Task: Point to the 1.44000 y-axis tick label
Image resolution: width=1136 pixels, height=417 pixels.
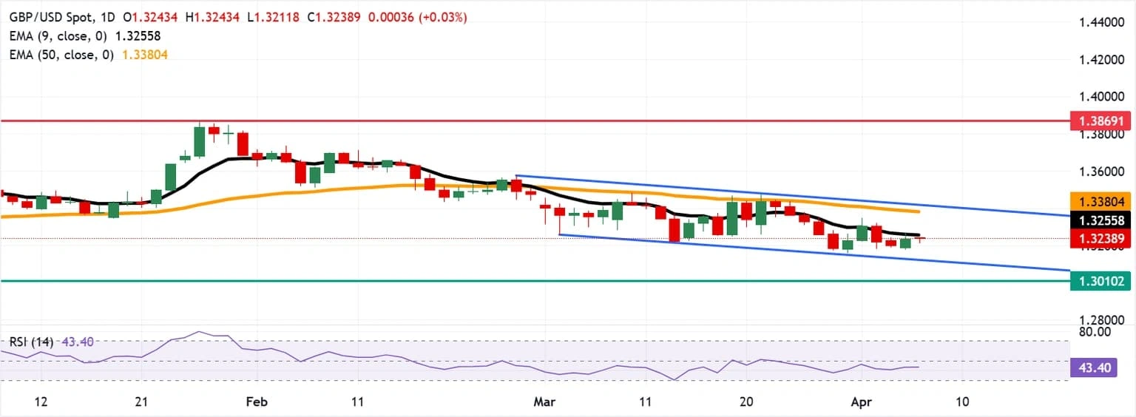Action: pos(1098,23)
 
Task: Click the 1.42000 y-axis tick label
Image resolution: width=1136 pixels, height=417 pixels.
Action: pos(1098,59)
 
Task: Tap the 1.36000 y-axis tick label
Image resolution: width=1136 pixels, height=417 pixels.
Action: pos(1098,172)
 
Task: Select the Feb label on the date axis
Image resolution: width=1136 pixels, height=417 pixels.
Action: pos(256,401)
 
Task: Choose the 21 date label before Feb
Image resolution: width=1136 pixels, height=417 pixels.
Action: pos(143,401)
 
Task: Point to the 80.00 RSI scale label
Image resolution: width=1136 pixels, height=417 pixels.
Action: pos(1095,332)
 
